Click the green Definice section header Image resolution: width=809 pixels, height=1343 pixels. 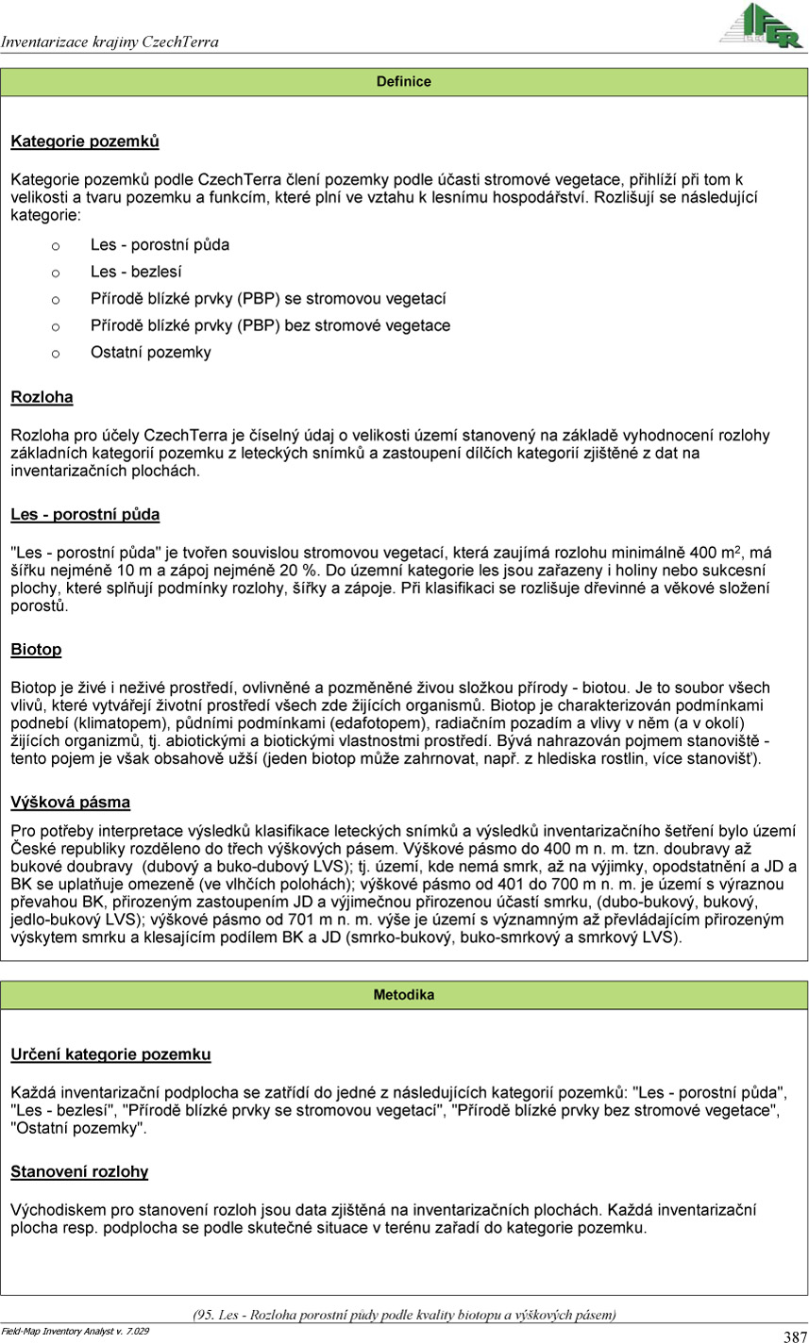(404, 82)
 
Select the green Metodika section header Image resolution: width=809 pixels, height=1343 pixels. (404, 995)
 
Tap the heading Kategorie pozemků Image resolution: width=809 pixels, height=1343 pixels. (85, 142)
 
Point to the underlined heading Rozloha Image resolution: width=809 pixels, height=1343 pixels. (42, 398)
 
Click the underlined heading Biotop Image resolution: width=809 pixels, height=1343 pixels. (36, 650)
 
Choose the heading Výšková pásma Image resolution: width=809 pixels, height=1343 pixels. (71, 803)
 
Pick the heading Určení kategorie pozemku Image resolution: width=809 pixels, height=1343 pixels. (110, 1054)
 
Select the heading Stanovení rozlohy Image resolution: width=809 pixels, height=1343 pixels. (79, 1172)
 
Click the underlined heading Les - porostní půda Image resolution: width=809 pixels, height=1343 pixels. (85, 515)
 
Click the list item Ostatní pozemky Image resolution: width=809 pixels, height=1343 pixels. (151, 353)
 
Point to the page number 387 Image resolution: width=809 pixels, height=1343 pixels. (795, 1336)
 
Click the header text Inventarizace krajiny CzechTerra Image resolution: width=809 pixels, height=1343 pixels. (110, 42)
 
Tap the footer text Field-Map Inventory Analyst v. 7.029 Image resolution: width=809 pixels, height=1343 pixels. (75, 1331)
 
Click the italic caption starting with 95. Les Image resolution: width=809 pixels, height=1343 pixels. (404, 1315)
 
